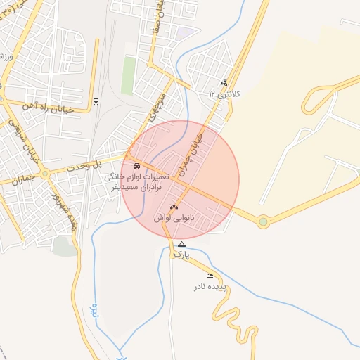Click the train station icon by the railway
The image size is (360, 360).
click(96, 103)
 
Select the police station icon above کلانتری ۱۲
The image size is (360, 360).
click(225, 82)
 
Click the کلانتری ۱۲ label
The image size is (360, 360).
click(224, 93)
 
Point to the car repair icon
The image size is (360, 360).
click(136, 166)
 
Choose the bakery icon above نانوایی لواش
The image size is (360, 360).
click(174, 207)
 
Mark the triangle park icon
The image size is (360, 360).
click(182, 244)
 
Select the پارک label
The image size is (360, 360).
click(182, 254)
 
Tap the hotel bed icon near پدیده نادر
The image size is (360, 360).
click(210, 276)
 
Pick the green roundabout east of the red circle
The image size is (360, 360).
click(263, 221)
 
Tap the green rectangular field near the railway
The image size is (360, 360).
click(129, 75)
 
